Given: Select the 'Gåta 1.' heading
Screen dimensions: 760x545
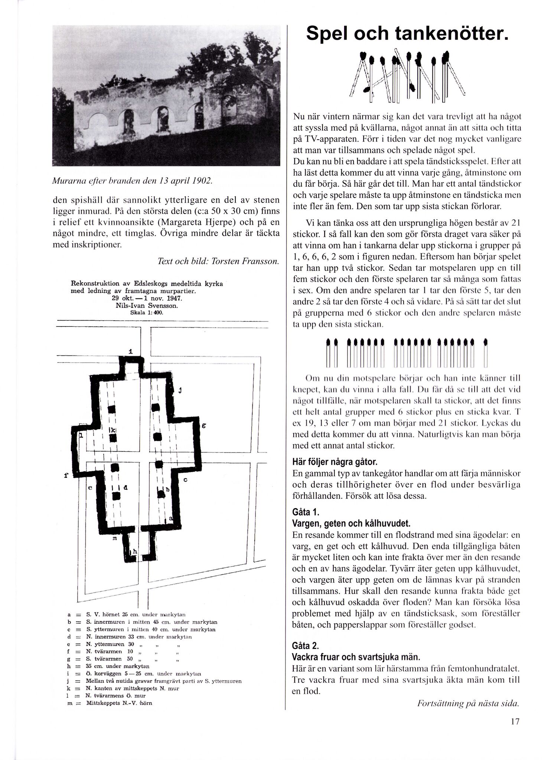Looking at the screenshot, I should click(306, 512).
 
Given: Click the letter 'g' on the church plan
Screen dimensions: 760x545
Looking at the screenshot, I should click(203, 426).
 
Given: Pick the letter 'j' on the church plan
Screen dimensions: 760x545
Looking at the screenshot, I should click(180, 390).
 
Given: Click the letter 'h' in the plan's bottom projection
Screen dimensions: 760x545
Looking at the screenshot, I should click(135, 552).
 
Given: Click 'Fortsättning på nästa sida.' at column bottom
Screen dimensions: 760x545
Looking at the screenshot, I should click(468, 704).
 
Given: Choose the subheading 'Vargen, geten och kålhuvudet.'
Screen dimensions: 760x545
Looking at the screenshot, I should click(351, 524).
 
